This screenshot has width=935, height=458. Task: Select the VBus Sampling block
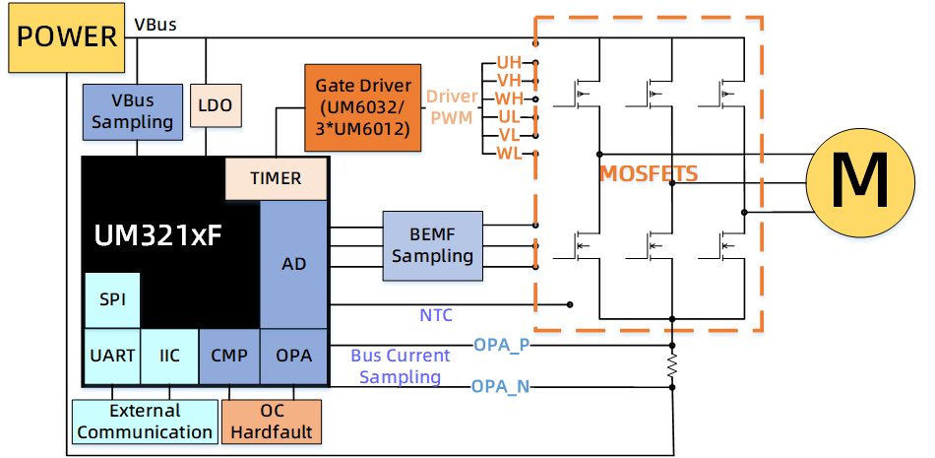[x=132, y=110]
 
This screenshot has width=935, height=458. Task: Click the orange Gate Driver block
[x=363, y=107]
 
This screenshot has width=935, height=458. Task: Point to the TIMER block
[x=276, y=178]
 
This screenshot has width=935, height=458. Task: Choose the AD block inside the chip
[x=293, y=264]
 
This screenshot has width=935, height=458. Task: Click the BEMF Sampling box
[x=432, y=245]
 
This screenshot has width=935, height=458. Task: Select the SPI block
[x=112, y=298]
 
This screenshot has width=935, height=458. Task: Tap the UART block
[x=111, y=355]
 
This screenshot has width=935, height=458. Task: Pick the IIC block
[x=169, y=355]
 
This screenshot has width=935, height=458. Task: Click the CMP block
[x=229, y=355]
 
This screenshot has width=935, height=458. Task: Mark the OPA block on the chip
[x=293, y=355]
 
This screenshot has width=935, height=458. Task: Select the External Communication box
[x=145, y=422]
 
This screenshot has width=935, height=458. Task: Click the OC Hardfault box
[x=272, y=422]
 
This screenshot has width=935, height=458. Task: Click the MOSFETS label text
[x=649, y=174]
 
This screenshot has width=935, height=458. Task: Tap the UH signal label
[x=508, y=62]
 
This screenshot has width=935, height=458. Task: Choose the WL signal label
[x=508, y=153]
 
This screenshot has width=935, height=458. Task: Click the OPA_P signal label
[x=501, y=345]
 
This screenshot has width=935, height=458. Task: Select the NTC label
[x=436, y=316]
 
